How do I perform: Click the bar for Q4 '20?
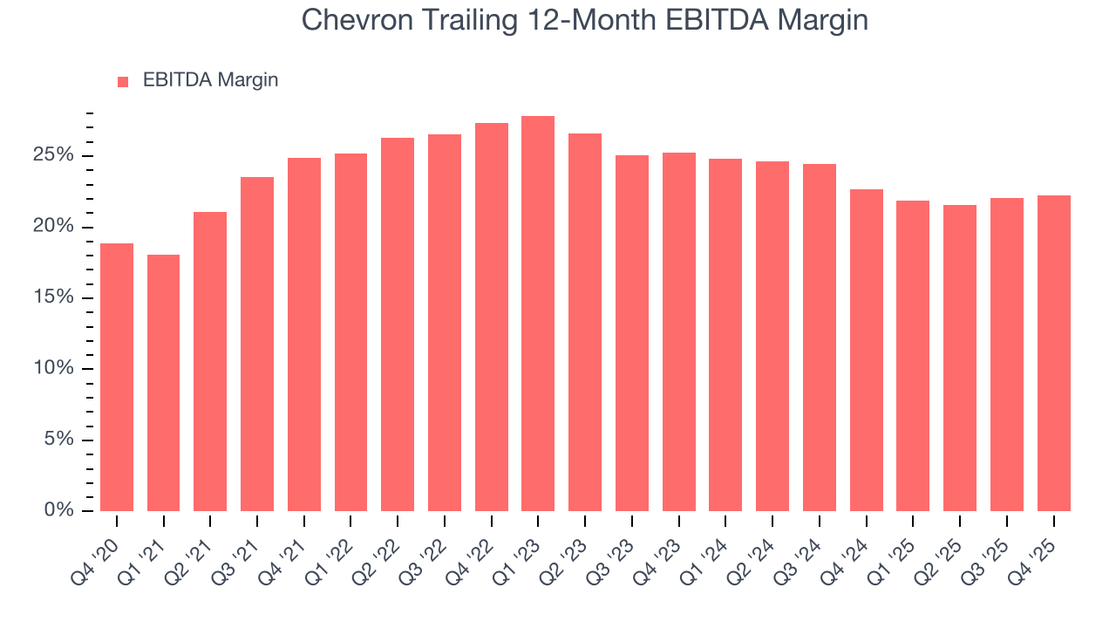click(117, 377)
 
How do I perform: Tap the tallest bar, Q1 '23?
click(538, 313)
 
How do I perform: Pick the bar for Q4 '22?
click(491, 317)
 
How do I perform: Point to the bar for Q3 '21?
click(257, 344)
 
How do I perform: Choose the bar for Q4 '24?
click(866, 350)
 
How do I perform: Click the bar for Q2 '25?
click(960, 358)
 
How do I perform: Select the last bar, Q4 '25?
click(1053, 353)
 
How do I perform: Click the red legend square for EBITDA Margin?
click(123, 82)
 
